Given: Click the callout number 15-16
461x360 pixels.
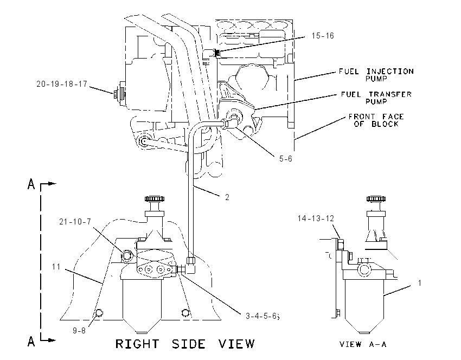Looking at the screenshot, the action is tap(323, 36).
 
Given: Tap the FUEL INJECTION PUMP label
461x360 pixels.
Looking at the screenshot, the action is tap(376, 75).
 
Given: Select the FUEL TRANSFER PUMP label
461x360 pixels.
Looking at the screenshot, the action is tap(376, 98).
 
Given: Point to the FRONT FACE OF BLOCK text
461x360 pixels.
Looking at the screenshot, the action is tap(376, 120).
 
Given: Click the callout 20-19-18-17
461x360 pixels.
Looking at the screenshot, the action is tap(62, 84).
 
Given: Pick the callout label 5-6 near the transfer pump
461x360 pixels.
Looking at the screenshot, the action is tap(285, 159).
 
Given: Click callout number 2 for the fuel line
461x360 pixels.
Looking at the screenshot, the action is tap(227, 197).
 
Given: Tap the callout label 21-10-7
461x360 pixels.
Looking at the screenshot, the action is tap(75, 222).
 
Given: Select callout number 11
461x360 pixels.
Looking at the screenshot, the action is tap(56, 267).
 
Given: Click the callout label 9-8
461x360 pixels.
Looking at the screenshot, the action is tap(79, 331).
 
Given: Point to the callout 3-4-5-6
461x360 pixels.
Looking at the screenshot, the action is tap(262, 316).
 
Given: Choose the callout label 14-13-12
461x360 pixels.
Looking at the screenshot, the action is tap(316, 218).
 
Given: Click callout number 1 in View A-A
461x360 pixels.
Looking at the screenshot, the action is tap(420, 282).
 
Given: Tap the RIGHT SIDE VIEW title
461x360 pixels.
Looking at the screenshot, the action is tap(185, 344).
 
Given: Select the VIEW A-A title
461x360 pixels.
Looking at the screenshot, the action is tap(363, 344).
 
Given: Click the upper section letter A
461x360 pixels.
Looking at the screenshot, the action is tap(31, 184).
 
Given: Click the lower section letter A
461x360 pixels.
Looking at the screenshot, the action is tap(31, 341).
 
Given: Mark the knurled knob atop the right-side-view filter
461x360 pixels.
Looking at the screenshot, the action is tap(155, 198).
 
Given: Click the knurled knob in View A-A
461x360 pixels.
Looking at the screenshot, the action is tap(376, 198).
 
